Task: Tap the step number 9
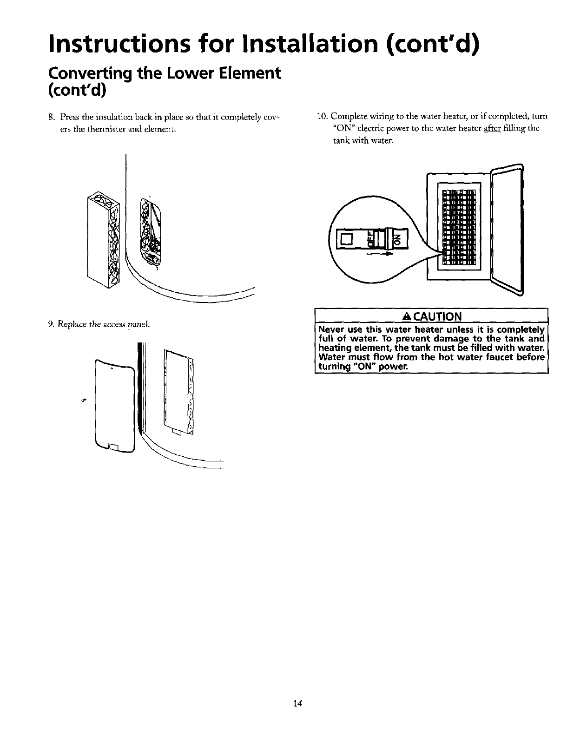(51, 324)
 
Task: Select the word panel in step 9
(139, 324)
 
